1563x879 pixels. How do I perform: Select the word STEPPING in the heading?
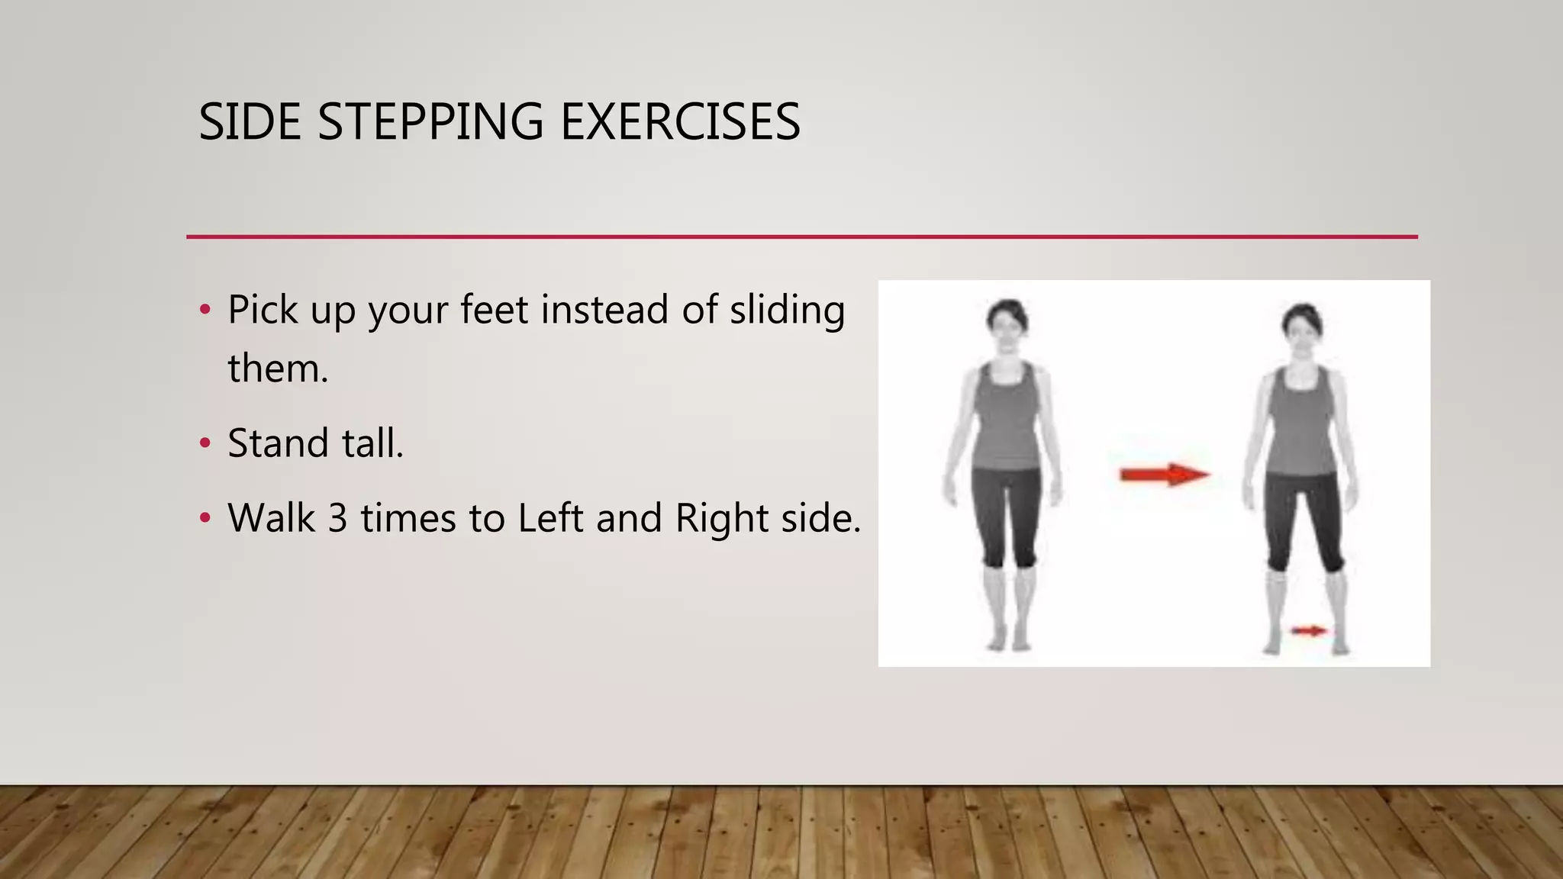(x=430, y=122)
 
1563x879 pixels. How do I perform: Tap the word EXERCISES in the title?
(x=680, y=122)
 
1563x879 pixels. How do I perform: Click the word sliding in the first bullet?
(x=787, y=311)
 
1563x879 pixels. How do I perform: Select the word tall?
(x=372, y=443)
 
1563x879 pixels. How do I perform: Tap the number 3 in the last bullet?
(x=338, y=518)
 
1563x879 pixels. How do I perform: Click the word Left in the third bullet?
(x=550, y=518)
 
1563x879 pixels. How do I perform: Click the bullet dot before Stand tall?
(x=205, y=443)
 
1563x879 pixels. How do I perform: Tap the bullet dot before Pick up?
(x=205, y=310)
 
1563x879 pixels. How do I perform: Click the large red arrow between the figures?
(x=1164, y=475)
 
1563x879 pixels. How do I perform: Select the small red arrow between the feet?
(x=1309, y=630)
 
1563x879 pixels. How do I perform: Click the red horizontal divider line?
(x=801, y=237)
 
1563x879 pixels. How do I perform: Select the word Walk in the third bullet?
(x=271, y=518)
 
